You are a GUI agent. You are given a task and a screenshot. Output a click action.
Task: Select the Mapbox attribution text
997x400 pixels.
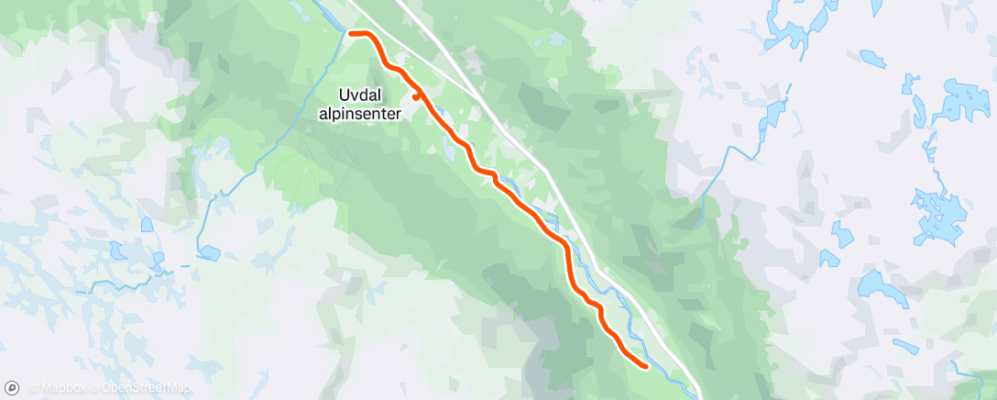click(60, 388)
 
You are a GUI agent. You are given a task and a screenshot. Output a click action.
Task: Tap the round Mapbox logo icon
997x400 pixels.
click(11, 388)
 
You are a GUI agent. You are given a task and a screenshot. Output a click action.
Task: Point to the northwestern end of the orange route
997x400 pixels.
click(351, 34)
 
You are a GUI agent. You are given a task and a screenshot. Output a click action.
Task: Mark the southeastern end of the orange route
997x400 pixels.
click(646, 367)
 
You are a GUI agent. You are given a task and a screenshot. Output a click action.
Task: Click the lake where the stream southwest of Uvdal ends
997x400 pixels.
click(208, 252)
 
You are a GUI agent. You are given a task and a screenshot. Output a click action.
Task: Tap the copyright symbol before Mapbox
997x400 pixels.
click(33, 388)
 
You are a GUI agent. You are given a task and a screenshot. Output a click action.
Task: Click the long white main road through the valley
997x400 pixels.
click(550, 183)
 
